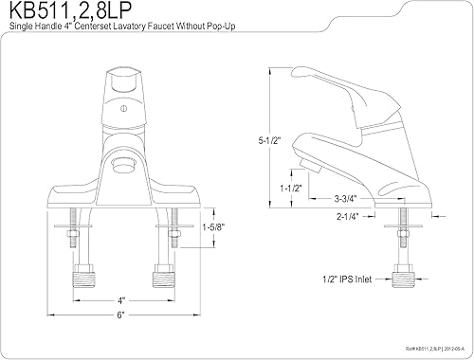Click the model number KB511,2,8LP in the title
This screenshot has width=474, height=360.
point(70,11)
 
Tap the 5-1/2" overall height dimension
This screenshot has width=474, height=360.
point(269,140)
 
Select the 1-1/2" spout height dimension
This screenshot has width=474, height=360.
point(291,189)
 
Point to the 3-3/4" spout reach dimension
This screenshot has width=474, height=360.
point(345,199)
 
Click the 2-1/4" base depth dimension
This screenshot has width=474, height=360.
point(348,217)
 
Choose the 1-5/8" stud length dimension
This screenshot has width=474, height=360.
point(213,227)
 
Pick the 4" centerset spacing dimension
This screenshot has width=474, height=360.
point(121,300)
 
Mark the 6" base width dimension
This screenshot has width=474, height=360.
point(121,315)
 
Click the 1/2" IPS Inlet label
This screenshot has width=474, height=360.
point(347,279)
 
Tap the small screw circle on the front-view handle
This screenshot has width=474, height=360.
point(124,109)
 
